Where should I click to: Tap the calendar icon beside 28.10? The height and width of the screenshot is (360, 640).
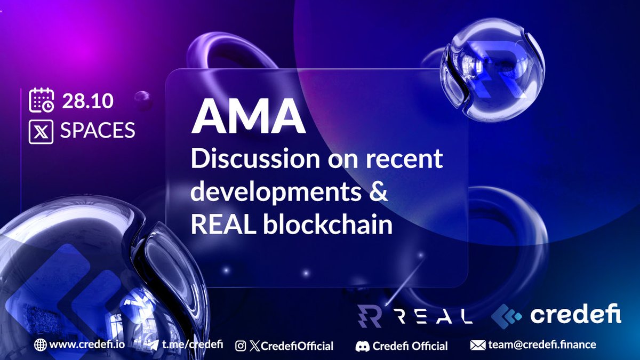(x=41, y=101)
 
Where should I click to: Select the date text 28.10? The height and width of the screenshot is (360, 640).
(x=87, y=101)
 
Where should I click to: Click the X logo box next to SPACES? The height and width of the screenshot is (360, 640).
(x=41, y=131)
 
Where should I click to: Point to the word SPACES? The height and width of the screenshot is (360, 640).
(x=97, y=131)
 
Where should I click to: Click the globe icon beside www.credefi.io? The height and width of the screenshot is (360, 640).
(x=40, y=345)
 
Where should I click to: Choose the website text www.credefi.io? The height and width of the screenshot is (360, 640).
(x=87, y=345)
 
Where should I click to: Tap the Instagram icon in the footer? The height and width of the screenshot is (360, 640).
(x=241, y=346)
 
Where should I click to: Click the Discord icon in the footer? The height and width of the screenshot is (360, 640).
(x=363, y=346)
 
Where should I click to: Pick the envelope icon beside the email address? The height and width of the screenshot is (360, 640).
(x=477, y=345)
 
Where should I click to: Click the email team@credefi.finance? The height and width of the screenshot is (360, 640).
(x=541, y=345)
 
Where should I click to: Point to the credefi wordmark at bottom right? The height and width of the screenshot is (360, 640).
(x=576, y=316)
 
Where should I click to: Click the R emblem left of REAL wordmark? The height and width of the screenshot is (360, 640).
(x=369, y=316)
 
